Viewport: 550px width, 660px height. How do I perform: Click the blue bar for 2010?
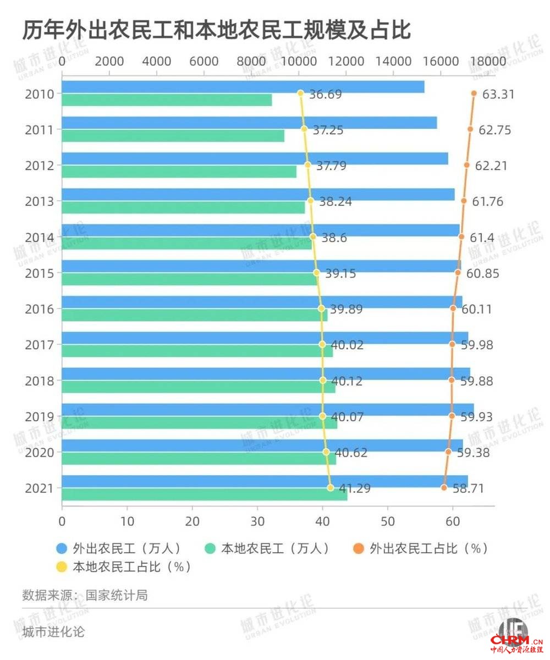coord(243,86)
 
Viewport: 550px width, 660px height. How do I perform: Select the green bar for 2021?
coord(204,494)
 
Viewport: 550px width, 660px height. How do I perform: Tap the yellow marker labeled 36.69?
coord(300,93)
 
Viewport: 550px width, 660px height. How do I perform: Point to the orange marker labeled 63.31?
coord(474,93)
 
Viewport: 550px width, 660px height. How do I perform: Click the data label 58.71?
coord(468,488)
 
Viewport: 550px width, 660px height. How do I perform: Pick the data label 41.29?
coord(354,488)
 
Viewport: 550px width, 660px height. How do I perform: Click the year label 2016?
coord(40,309)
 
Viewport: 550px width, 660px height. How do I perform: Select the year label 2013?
coord(40,201)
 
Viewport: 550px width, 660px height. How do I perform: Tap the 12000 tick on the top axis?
coord(346,61)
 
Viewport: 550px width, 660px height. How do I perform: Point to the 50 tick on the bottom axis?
coord(388,521)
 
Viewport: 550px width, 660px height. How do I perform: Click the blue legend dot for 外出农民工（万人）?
coord(62,548)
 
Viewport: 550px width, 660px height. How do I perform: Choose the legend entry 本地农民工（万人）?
coord(267,548)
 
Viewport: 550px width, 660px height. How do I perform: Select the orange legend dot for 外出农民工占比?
coord(359,548)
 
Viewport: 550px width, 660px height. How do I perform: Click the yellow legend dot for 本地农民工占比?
coord(62,566)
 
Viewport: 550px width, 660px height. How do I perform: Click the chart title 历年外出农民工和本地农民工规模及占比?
coord(217,31)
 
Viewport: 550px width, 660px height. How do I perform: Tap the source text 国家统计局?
coord(116,596)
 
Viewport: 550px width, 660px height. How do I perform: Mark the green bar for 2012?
coord(179,171)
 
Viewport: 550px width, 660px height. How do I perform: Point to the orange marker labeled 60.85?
coord(458,272)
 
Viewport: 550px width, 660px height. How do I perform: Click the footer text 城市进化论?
coord(53,632)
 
